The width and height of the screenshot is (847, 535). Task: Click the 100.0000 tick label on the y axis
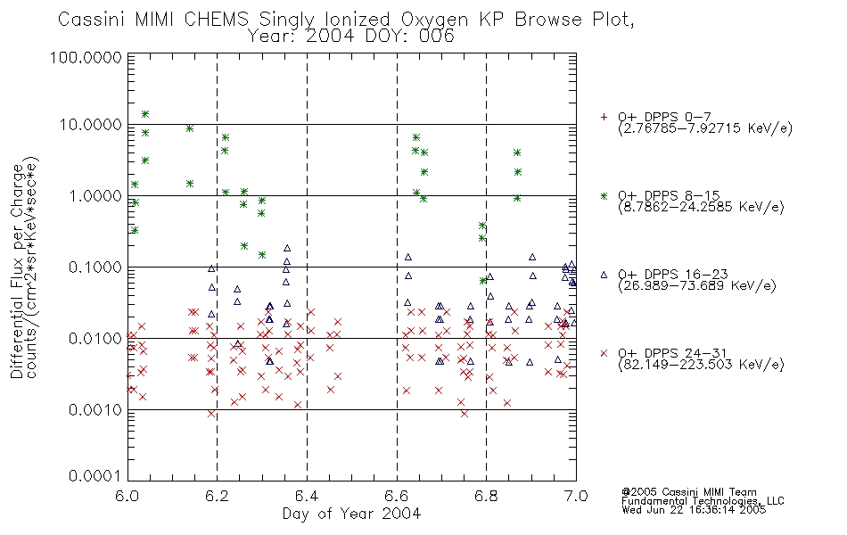pyautogui.click(x=86, y=57)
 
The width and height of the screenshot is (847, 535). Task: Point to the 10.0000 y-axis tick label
pyautogui.click(x=90, y=125)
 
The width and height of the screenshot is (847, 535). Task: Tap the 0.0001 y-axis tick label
pyautogui.click(x=95, y=476)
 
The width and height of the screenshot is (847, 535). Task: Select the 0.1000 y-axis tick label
pyautogui.click(x=95, y=267)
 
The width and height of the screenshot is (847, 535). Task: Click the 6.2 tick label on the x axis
pyautogui.click(x=217, y=496)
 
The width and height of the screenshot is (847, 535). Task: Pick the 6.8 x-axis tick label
pyautogui.click(x=486, y=496)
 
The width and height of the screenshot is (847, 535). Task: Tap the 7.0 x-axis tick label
pyautogui.click(x=576, y=496)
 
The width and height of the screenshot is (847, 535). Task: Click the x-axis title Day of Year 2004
pyautogui.click(x=351, y=514)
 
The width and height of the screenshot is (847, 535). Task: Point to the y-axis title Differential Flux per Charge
pyautogui.click(x=17, y=271)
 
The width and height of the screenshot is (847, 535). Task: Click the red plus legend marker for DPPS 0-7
pyautogui.click(x=604, y=117)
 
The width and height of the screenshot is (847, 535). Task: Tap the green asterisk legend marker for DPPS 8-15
pyautogui.click(x=604, y=195)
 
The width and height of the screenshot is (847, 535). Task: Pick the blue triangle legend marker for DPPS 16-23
pyautogui.click(x=604, y=275)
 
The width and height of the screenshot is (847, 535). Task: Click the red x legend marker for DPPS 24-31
pyautogui.click(x=604, y=353)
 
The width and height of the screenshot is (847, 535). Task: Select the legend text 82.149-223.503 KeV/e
pyautogui.click(x=701, y=365)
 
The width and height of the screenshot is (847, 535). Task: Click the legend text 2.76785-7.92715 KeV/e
pyautogui.click(x=705, y=128)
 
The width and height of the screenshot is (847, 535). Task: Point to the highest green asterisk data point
pyautogui.click(x=144, y=114)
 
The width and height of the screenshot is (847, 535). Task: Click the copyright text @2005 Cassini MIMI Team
pyautogui.click(x=688, y=492)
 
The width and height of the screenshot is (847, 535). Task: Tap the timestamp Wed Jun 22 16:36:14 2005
pyautogui.click(x=694, y=510)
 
